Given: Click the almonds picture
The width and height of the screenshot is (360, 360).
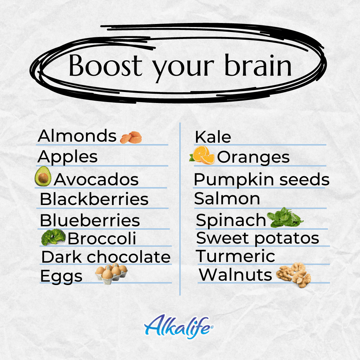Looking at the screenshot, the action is tap(131, 137).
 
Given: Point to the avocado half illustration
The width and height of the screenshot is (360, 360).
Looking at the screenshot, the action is tap(43, 176).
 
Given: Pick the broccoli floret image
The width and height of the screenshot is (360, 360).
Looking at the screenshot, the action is tap(53, 237).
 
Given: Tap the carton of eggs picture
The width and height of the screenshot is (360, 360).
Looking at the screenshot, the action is tap(112, 274).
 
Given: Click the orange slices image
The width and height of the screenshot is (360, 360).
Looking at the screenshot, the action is tap(202, 155).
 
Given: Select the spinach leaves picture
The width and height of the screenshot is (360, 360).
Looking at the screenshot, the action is tap(285, 217).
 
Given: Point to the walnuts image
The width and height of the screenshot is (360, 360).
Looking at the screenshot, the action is tap(294, 275).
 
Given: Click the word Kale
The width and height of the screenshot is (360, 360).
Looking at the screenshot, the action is tap(213, 137).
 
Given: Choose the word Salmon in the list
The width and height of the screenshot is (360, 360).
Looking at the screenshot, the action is tap(227, 198).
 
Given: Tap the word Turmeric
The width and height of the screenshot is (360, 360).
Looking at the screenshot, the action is tap(235, 256).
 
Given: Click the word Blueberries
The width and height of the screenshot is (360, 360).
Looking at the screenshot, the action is tap(90, 220).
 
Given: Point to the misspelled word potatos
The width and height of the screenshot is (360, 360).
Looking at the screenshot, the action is tap(287, 239).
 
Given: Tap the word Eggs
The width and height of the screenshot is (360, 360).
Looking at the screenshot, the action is tap(61, 277).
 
